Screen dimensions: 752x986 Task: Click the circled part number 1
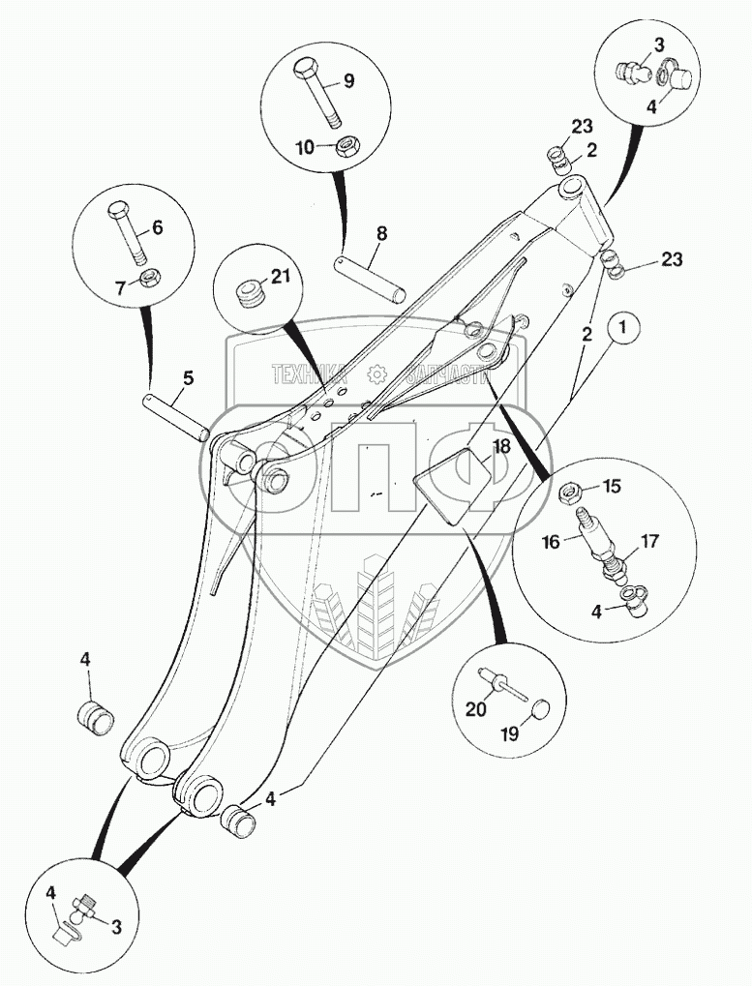pos(624,329)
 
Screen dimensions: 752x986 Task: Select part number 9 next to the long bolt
pos(348,81)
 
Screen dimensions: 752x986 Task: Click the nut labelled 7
pos(150,280)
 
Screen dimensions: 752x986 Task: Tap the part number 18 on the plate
pos(500,446)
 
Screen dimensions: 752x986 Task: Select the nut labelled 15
pos(568,489)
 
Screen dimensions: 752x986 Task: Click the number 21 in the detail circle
pos(281,278)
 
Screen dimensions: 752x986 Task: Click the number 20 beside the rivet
pos(475,709)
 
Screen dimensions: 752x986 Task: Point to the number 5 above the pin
pos(188,377)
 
